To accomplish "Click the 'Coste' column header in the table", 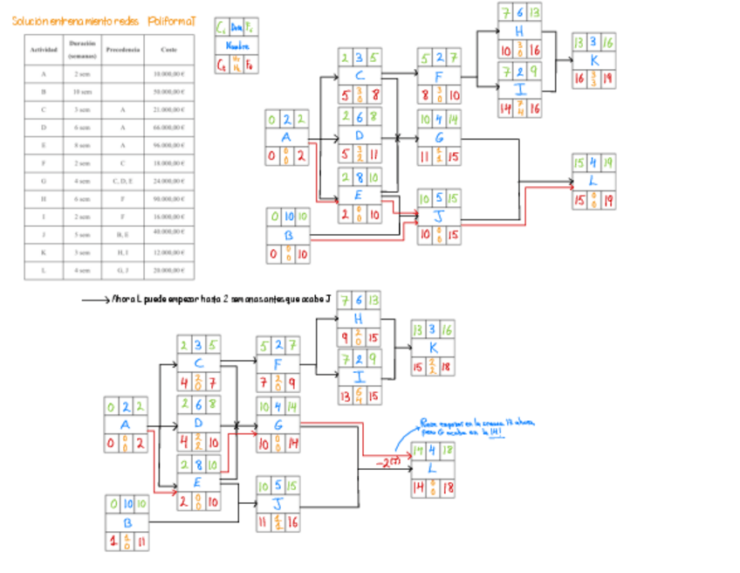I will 170,51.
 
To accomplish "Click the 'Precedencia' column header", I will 123,51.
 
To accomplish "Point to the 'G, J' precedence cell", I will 123,271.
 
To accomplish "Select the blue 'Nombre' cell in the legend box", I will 236,46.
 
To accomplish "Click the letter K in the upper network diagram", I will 593,61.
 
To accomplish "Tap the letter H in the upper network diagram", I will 519,30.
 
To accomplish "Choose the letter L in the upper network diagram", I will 593,181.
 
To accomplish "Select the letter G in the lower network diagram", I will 277,425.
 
